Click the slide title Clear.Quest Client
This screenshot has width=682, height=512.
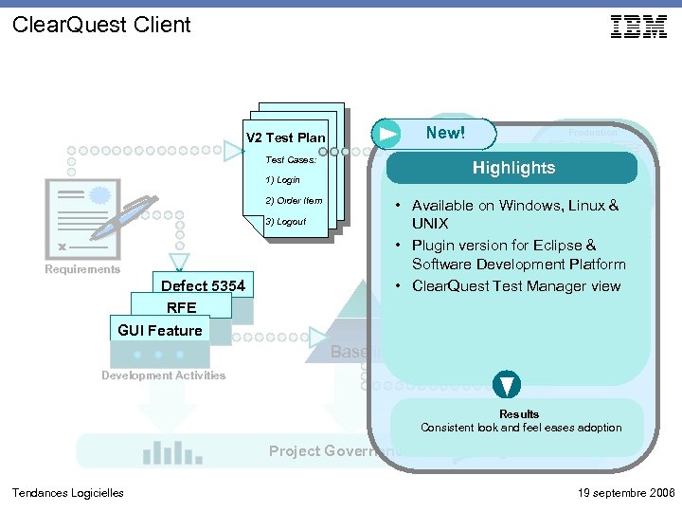(101, 25)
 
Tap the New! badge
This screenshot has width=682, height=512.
(445, 133)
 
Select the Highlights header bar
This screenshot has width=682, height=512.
(512, 168)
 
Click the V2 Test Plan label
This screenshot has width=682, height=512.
(286, 138)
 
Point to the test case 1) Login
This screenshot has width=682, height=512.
(282, 179)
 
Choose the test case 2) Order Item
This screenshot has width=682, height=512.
(294, 200)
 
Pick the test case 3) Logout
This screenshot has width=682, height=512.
(285, 221)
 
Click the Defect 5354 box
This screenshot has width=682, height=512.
(203, 285)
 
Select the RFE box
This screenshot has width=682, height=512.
(181, 307)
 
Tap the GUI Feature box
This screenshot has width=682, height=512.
(159, 330)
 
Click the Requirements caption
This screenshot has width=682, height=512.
(82, 269)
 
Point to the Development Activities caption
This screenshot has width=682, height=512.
(164, 375)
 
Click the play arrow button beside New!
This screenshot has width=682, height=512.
(386, 134)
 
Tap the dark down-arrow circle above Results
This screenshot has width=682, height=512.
(508, 385)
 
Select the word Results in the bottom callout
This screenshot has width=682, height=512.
(519, 413)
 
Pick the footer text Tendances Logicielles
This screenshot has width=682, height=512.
(67, 492)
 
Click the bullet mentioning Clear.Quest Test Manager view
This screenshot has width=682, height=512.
(515, 285)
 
